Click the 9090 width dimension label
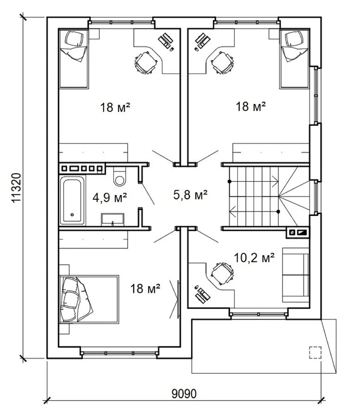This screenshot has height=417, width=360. coord(184,393)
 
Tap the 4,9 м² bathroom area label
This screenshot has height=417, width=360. coord(110,198)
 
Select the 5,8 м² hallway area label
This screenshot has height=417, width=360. coord(190,195)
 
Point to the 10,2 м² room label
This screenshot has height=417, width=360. coord(254,258)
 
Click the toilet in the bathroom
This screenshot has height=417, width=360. coord(119,176)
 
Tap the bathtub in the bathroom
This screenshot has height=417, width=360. coord(72,200)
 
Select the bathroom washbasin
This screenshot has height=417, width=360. coord(112,219)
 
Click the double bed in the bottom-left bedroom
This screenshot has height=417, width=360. coord(89,299)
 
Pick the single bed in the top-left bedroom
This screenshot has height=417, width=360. coord(73,59)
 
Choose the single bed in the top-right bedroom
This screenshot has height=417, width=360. coord(294,59)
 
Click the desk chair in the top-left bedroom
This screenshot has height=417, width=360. coord(145,63)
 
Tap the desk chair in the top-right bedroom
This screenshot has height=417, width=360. coord(222,63)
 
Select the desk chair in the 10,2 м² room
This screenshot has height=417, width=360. coord(222,274)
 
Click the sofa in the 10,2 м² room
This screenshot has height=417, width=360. coord(295,275)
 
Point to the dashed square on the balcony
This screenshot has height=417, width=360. coord(315,353)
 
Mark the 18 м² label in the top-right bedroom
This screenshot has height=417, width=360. coord(251,107)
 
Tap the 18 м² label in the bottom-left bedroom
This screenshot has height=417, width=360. coord(145,288)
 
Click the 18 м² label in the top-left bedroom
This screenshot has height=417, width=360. coord(115,107)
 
